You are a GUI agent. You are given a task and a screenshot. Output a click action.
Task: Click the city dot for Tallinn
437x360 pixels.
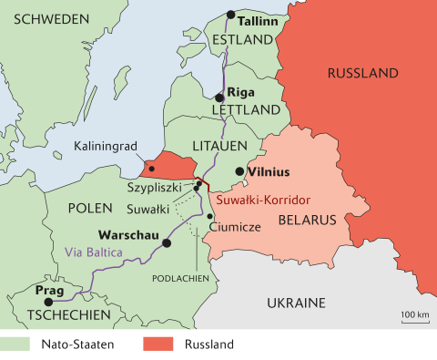[231, 15]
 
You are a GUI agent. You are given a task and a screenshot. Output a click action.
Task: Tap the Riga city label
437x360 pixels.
[240, 92]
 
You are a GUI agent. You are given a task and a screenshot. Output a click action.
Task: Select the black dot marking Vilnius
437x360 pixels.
[239, 170]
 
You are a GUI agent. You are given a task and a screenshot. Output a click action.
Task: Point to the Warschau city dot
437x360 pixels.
[166, 243]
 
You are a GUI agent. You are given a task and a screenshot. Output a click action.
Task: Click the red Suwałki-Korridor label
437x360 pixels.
[259, 198]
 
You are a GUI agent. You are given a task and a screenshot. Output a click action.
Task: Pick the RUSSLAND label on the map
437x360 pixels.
[362, 73]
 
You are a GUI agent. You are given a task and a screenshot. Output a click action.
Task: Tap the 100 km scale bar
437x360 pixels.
[415, 320]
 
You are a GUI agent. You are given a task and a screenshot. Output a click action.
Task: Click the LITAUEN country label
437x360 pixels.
[215, 145]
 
